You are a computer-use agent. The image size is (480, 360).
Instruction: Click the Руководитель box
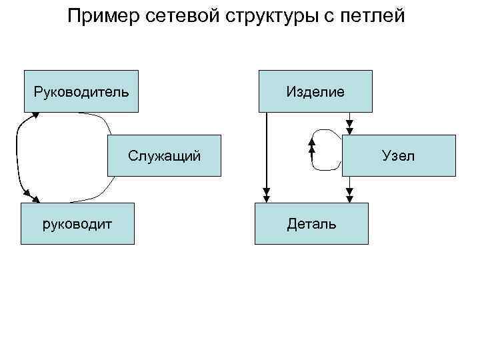coord(81,91)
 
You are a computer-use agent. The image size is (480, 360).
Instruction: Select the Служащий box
coord(165,156)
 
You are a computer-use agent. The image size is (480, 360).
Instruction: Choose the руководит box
coord(78,223)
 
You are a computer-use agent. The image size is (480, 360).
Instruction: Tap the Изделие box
coord(315,91)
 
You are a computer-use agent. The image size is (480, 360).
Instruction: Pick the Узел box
coord(398,156)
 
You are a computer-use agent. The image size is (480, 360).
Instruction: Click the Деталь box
coord(311,223)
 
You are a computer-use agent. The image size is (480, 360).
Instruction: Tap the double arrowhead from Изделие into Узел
coord(350,127)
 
